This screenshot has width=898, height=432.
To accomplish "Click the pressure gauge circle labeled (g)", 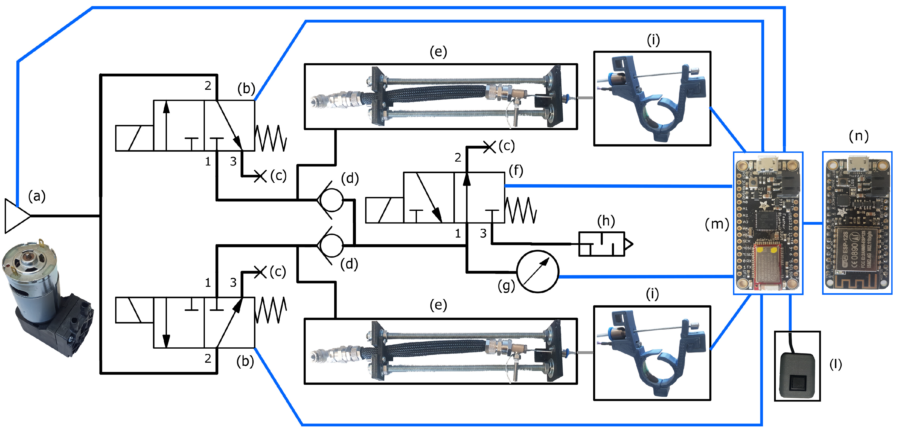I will tap(537, 271).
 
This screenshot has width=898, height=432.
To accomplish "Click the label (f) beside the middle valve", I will tap(516, 171).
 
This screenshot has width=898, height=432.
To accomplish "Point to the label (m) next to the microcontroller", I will tap(717, 224).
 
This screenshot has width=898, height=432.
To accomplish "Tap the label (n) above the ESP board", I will tap(858, 136).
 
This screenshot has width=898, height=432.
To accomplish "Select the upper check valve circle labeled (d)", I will tap(331, 200).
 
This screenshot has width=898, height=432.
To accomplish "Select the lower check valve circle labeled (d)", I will tap(331, 245).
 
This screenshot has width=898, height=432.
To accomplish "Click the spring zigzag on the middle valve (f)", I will tap(521, 210).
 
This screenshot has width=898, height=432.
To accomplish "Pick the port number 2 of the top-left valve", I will tap(208, 86).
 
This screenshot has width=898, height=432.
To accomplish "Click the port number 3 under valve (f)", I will tap(483, 233).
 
